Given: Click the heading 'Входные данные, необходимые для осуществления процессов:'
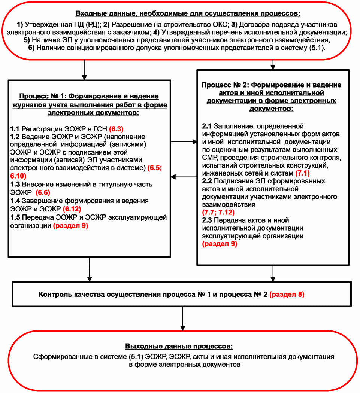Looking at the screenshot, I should pyautogui.click(x=188, y=14).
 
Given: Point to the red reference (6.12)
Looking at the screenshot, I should pyautogui.click(x=72, y=209).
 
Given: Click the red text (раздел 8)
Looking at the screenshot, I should pyautogui.click(x=287, y=294).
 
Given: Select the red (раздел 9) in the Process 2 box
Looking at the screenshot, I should pyautogui.click(x=220, y=244).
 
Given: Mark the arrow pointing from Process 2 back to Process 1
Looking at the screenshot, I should pyautogui.click(x=184, y=177).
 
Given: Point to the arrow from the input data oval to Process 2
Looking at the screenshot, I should pyautogui.click(x=272, y=64).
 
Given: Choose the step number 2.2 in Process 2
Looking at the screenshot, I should pyautogui.click(x=207, y=181).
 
